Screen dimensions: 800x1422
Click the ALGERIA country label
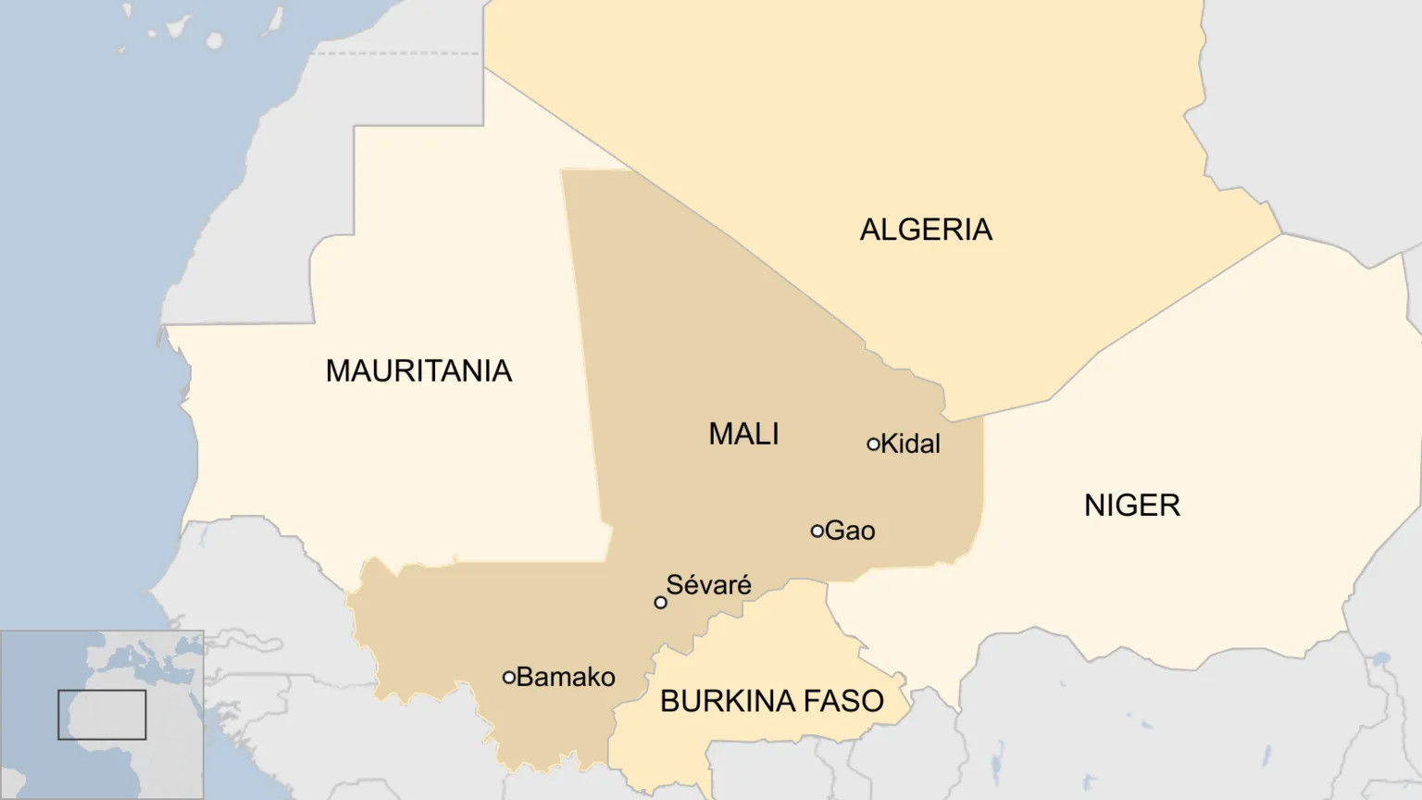pyautogui.click(x=926, y=230)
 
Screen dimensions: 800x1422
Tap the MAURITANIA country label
pyautogui.click(x=418, y=370)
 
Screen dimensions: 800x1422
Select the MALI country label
pyautogui.click(x=743, y=433)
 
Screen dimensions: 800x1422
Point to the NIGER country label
pyautogui.click(x=1132, y=506)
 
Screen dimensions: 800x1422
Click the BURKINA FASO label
pyautogui.click(x=771, y=701)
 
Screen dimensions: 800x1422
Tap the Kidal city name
pyautogui.click(x=910, y=444)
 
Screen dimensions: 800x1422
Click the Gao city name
pyautogui.click(x=850, y=531)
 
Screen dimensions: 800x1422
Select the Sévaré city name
pyautogui.click(x=708, y=585)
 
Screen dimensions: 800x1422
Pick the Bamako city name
pyautogui.click(x=566, y=677)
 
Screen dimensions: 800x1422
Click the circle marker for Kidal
pyautogui.click(x=873, y=444)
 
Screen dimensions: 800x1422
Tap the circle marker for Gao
pyautogui.click(x=817, y=531)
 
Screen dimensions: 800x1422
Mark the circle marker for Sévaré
pyautogui.click(x=660, y=603)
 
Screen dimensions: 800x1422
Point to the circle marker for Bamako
pyautogui.click(x=508, y=678)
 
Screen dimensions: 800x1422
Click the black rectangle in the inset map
pyautogui.click(x=102, y=715)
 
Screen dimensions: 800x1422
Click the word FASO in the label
pyautogui.click(x=843, y=701)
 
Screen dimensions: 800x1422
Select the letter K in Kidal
pyautogui.click(x=888, y=444)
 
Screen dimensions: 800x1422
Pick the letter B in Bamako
pyautogui.click(x=524, y=677)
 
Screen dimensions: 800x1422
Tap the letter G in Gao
pyautogui.click(x=834, y=531)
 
